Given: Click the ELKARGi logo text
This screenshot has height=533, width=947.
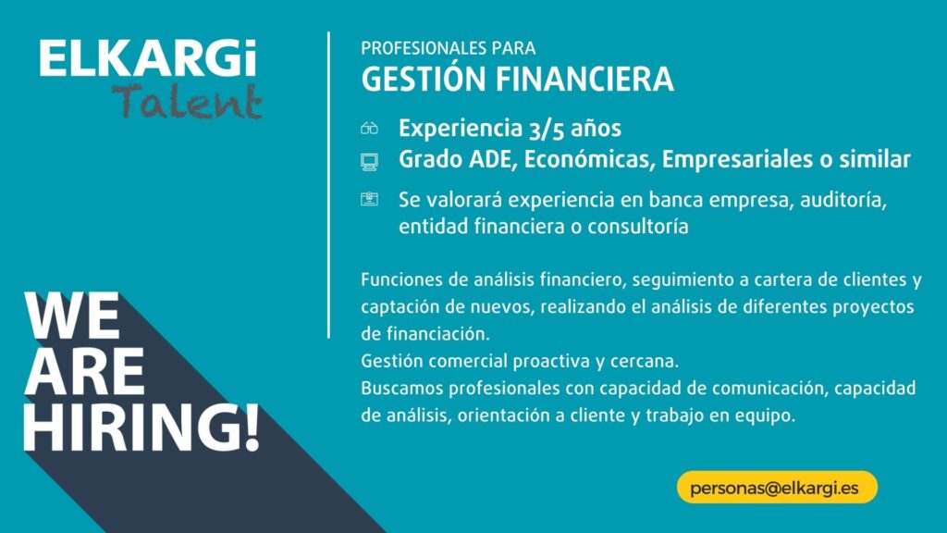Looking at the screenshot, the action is pos(148,58).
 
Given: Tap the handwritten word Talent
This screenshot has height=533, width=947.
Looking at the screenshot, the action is pos(187,101).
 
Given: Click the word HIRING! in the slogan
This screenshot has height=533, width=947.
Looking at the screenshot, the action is pos(141,428).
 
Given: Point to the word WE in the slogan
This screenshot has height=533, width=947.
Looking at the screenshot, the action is pos(72,316).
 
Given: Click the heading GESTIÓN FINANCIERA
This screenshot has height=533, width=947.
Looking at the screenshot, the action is pos(518,80).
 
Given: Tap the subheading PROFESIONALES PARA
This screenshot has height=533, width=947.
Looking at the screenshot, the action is pos(449,48).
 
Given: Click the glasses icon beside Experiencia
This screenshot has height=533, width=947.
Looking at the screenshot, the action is pos(369,128).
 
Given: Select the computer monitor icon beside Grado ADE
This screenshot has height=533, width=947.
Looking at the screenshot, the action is pos(369,162).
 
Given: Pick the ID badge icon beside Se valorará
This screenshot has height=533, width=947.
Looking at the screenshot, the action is pos(369,199).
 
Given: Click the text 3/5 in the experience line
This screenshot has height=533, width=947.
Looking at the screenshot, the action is pos(546,129).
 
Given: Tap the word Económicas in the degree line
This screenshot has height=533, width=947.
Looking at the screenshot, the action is pos(590,159).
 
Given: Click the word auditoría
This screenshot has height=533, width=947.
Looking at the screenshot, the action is pos(843,200).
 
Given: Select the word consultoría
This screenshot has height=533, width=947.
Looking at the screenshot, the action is pos(638,227).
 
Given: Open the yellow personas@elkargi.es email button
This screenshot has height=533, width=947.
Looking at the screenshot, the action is pos(777,487).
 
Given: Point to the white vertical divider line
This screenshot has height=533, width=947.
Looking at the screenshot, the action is pos(328,185).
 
